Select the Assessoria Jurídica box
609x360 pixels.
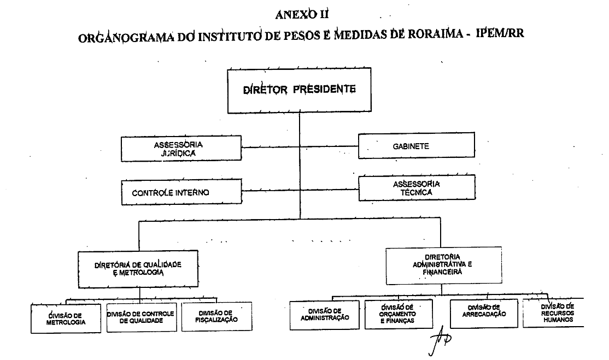181,149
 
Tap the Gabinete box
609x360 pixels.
417,146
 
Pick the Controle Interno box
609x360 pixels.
181,193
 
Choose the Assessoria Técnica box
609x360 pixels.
416,188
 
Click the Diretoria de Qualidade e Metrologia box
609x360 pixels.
138,269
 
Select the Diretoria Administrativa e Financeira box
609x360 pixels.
443,265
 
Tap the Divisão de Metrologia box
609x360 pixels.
66,318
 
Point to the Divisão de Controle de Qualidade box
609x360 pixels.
141,317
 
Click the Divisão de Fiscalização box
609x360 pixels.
216,316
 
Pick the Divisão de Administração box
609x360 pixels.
325,314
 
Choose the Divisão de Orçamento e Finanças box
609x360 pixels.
399,314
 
